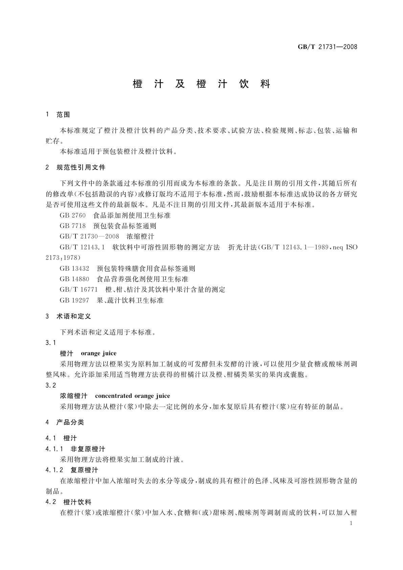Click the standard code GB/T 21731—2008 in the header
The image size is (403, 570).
(327, 47)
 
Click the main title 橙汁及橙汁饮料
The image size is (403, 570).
(202, 84)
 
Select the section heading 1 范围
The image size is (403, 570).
(58, 115)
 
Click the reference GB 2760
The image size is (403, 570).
(73, 215)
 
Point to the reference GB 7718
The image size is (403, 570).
(73, 226)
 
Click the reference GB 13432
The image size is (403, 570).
(74, 268)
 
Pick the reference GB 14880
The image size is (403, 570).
(74, 279)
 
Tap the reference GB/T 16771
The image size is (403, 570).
(79, 289)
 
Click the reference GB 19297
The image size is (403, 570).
(74, 300)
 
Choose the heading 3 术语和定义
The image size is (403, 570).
(68, 316)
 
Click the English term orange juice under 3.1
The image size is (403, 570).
(98, 353)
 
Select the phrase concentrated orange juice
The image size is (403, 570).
(132, 396)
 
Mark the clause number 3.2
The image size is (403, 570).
(51, 385)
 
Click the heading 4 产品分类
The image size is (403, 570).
(65, 422)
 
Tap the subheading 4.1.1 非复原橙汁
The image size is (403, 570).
(75, 449)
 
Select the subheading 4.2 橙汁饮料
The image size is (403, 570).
(68, 502)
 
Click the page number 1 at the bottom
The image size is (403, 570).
(351, 523)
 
